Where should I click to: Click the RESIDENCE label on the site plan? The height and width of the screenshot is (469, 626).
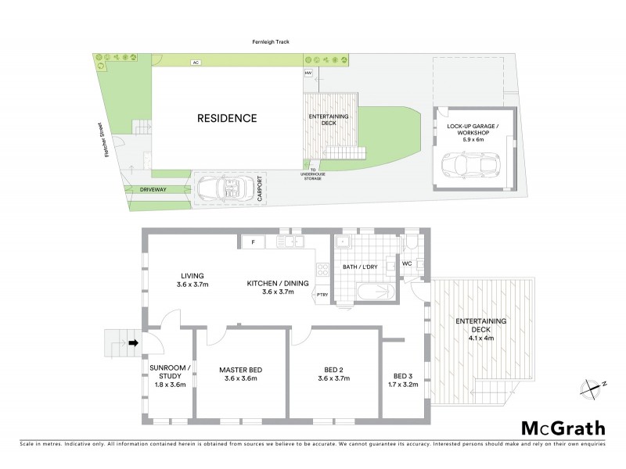pos(226,119)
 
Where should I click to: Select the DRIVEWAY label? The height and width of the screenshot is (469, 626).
pos(154,189)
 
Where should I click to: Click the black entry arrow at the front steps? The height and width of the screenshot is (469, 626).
pos(133,342)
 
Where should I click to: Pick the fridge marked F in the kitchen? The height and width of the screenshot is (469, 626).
pos(253,242)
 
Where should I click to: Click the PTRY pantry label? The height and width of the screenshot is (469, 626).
pos(322,294)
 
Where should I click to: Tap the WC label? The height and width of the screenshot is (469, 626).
pos(406,263)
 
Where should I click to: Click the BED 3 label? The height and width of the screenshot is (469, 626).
pos(402,373)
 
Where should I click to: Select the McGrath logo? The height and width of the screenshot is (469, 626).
pos(563,428)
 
